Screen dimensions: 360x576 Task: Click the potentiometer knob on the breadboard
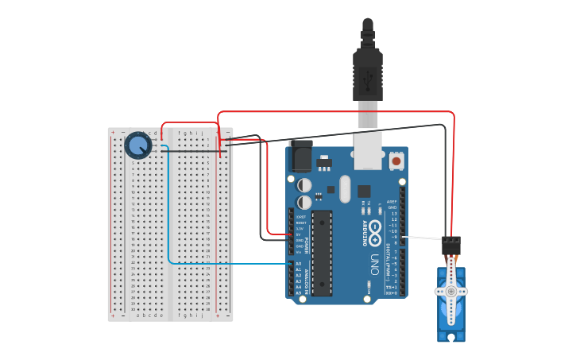(138, 145)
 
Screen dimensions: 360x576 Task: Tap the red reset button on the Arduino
(396, 161)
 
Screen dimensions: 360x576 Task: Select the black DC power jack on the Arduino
(301, 156)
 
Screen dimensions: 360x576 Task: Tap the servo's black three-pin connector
(451, 246)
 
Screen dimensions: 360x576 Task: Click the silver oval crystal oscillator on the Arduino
(345, 189)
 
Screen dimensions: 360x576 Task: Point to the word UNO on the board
(373, 263)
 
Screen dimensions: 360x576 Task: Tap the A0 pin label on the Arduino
(299, 263)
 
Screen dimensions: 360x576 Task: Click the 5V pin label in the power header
(300, 234)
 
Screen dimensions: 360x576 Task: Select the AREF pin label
(392, 202)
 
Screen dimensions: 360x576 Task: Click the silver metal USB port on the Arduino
(368, 151)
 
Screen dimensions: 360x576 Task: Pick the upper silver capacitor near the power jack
(304, 184)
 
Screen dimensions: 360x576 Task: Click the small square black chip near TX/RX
(364, 191)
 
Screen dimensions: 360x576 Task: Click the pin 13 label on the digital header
(393, 214)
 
